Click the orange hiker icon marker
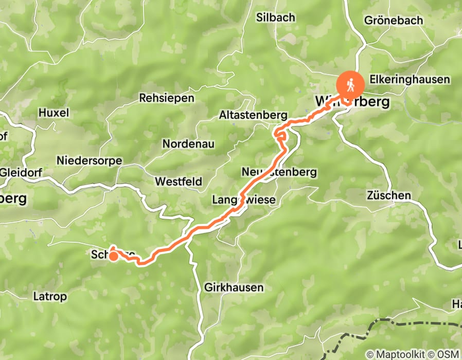(350, 83)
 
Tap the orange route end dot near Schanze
(112, 256)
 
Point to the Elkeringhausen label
(410, 80)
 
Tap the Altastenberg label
(253, 115)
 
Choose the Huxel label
(54, 113)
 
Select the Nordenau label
(188, 144)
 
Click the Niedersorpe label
(90, 160)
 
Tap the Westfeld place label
(179, 182)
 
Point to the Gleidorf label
(19, 172)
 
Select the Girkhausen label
(234, 287)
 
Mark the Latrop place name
(50, 296)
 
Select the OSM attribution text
(448, 354)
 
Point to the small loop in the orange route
(280, 136)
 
